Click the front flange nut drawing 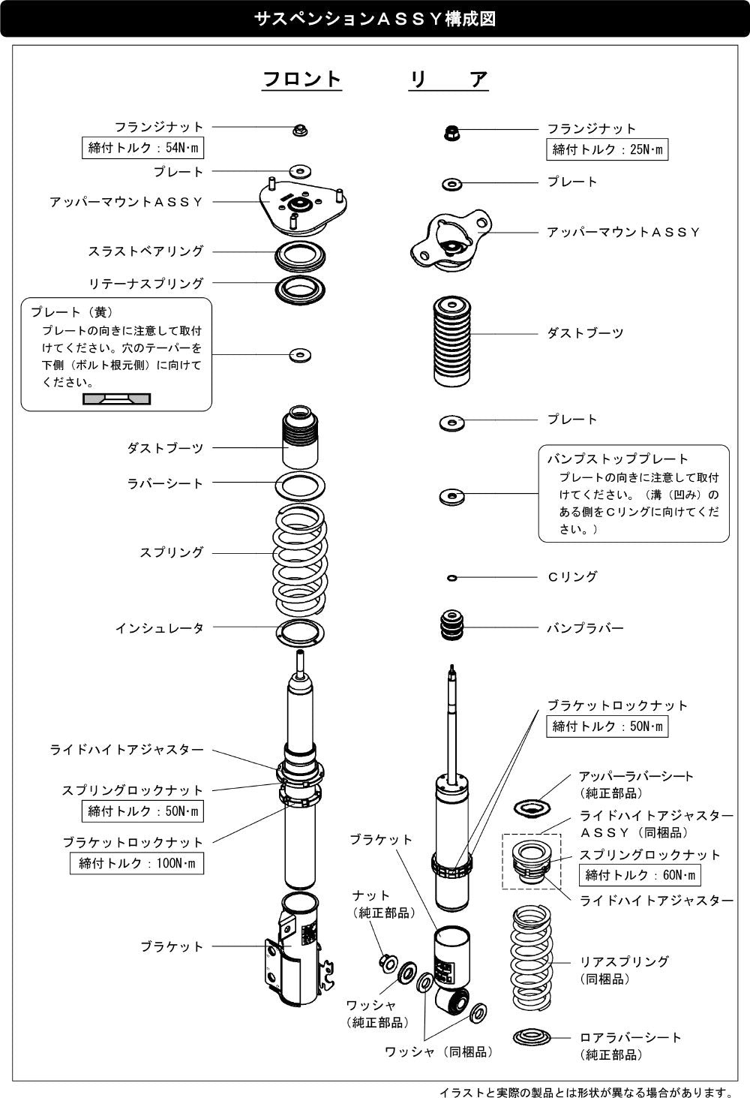(x=300, y=131)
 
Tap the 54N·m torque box (x=142, y=148)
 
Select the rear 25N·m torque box (x=607, y=149)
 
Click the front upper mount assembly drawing (x=303, y=206)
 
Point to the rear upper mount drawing (x=451, y=239)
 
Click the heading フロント (x=301, y=79)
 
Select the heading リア (x=448, y=80)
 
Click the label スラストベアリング (x=146, y=251)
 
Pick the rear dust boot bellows (x=451, y=341)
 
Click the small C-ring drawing (x=452, y=579)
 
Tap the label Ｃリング (x=572, y=577)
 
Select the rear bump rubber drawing (x=451, y=625)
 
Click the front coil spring (x=300, y=559)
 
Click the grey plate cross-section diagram (x=116, y=399)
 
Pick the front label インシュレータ (x=159, y=628)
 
